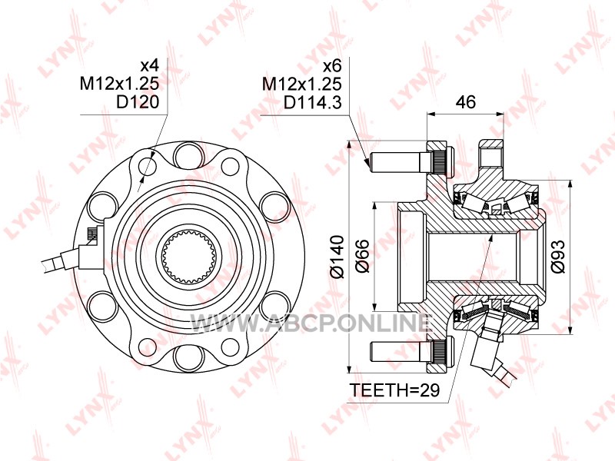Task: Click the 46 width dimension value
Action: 467,101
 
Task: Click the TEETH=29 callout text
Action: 394,390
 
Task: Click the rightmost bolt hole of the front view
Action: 273,206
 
